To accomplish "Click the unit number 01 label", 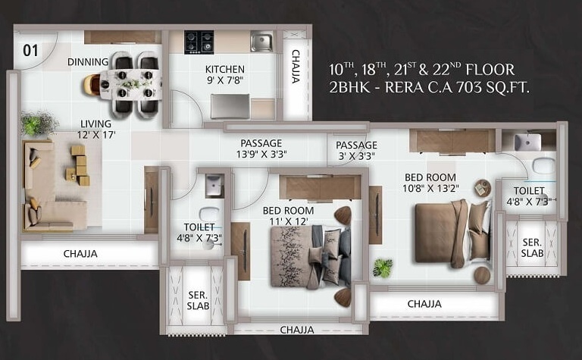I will (x=31, y=52).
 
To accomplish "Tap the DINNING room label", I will (x=88, y=61).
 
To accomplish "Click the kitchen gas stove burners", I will (x=199, y=42).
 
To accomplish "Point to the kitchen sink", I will (x=261, y=41).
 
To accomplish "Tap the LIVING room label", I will (x=96, y=124).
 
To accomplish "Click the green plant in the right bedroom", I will (x=383, y=267).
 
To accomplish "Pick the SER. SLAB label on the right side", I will (x=532, y=247).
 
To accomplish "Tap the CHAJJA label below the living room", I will (x=80, y=254).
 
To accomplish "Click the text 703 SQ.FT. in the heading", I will (x=493, y=88).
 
